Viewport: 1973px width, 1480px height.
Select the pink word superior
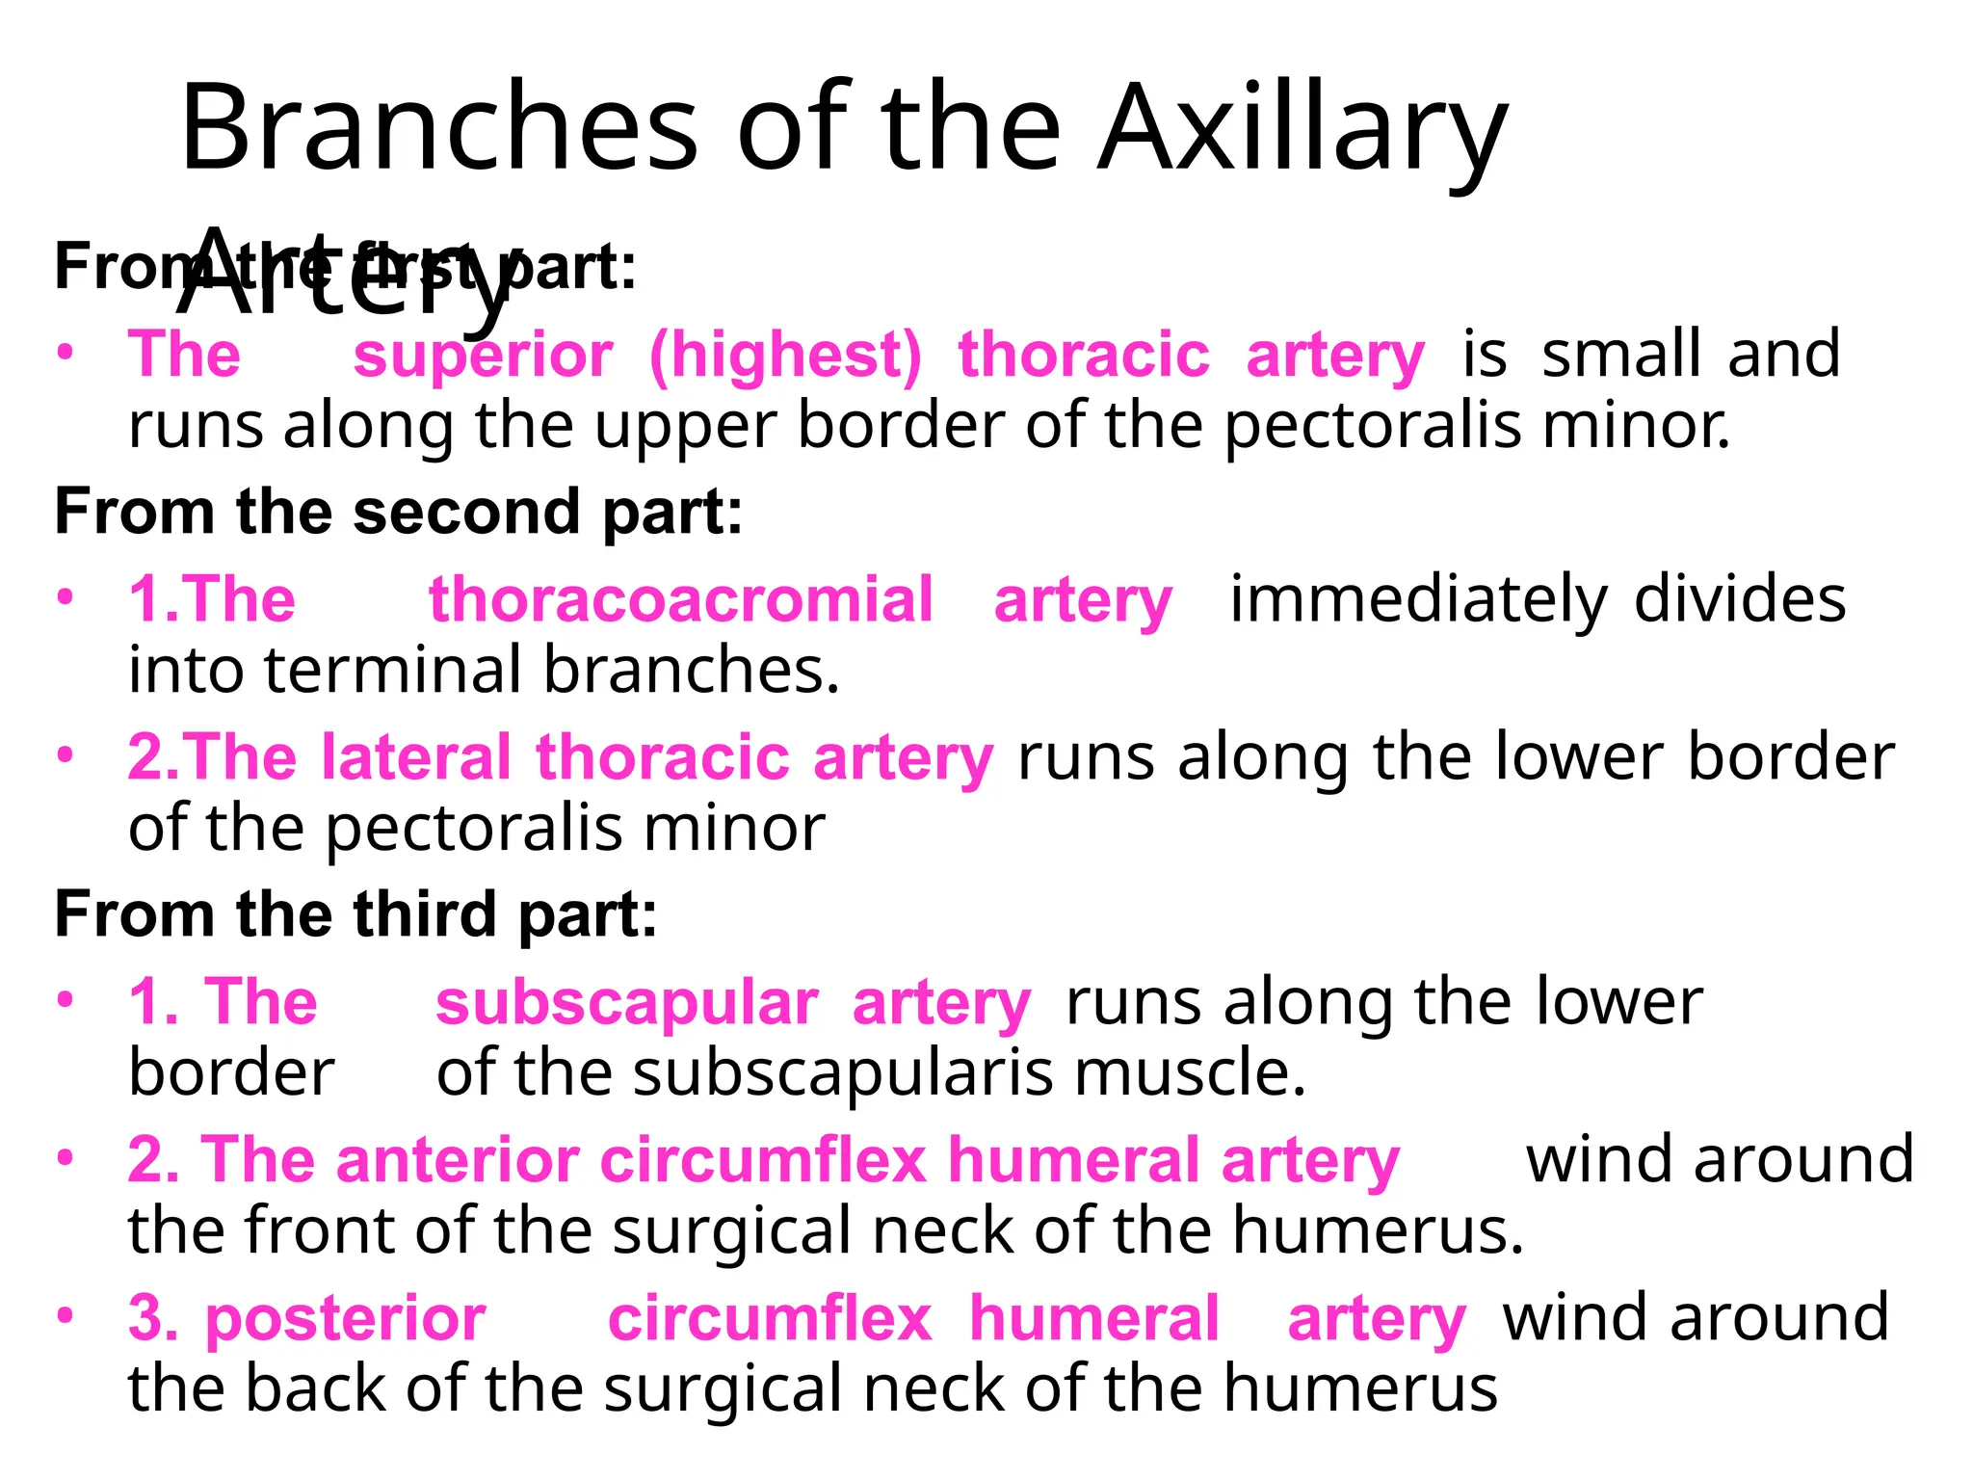[x=483, y=355]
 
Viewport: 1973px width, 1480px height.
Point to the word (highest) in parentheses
[x=785, y=356]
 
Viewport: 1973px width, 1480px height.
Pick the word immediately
[x=1418, y=599]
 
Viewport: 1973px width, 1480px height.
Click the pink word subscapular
[x=627, y=1003]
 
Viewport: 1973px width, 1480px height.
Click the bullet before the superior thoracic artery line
[x=65, y=352]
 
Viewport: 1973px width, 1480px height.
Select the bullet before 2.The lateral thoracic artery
[x=65, y=754]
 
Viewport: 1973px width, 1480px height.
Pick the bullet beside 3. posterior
[x=65, y=1315]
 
